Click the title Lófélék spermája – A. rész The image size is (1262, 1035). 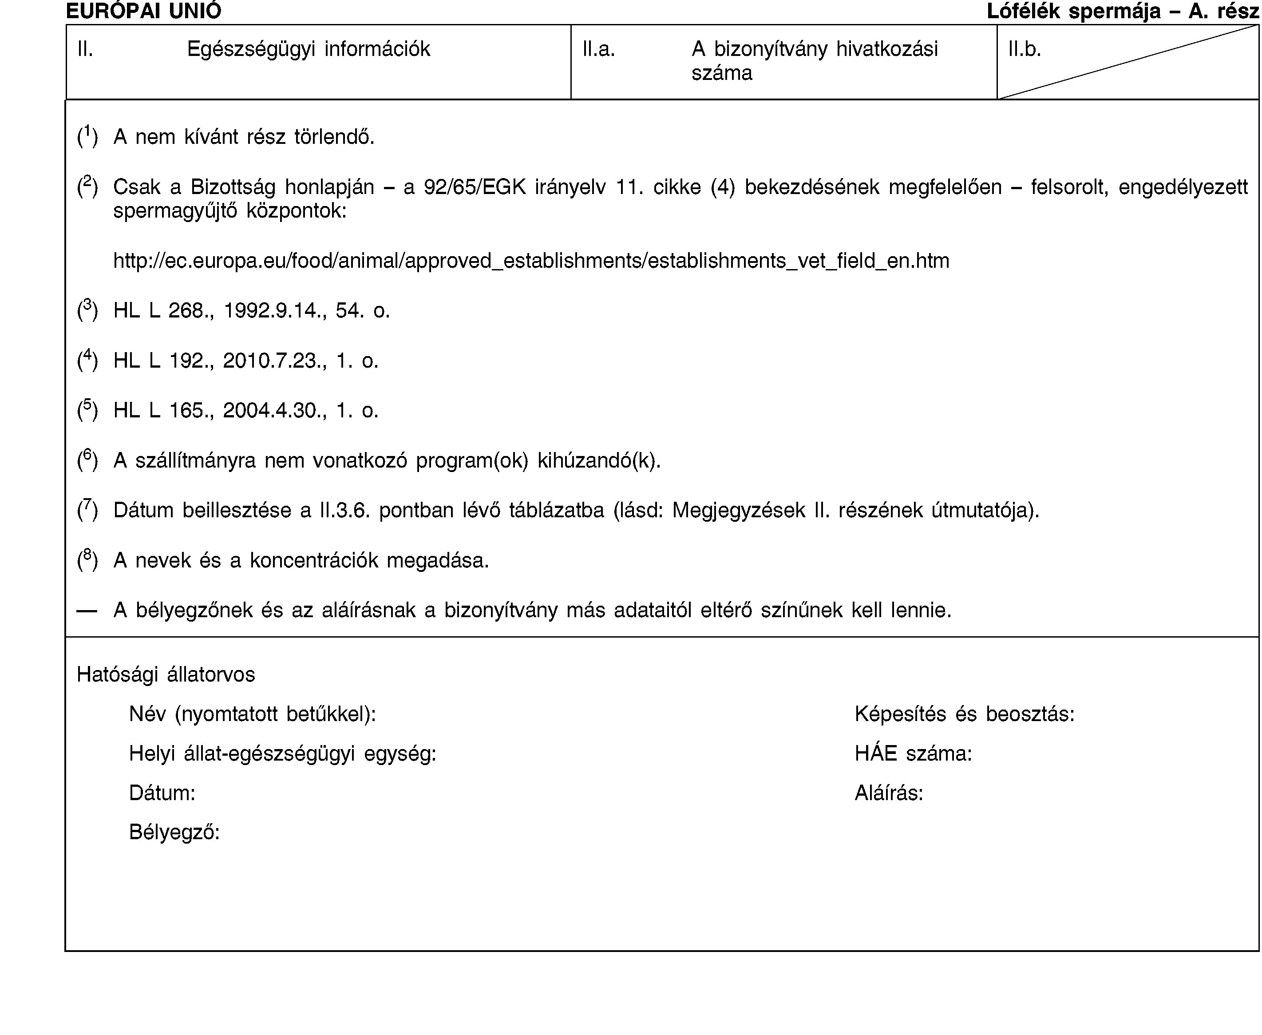click(1123, 11)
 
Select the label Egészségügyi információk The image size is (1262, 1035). click(308, 49)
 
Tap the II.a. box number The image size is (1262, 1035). click(598, 49)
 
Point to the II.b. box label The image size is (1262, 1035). click(1024, 49)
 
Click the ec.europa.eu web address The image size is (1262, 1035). click(530, 261)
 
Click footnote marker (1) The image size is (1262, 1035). click(87, 136)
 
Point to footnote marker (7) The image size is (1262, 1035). click(87, 510)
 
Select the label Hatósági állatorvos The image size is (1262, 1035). click(166, 674)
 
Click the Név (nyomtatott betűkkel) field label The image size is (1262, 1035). click(252, 714)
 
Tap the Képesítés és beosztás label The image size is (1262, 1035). click(964, 714)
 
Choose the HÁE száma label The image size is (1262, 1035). click(913, 753)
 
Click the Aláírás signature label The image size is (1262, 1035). click(888, 793)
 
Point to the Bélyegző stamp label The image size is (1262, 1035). click(174, 832)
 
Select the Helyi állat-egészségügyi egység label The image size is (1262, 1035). click(283, 753)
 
